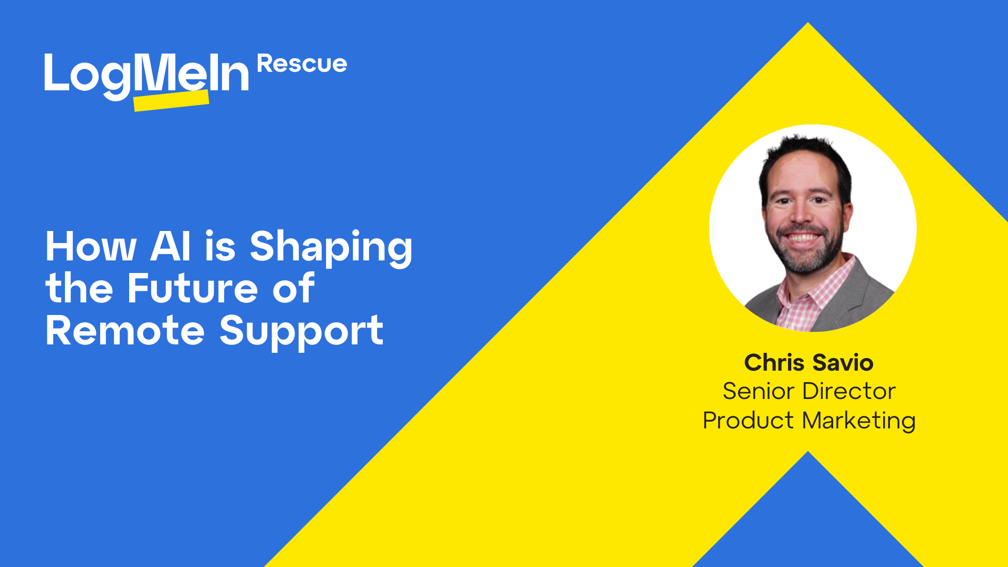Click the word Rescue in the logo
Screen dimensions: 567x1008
click(302, 64)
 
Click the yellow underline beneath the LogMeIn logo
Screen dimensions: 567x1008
click(171, 101)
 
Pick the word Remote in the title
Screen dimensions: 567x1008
click(125, 330)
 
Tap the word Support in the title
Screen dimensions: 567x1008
click(301, 331)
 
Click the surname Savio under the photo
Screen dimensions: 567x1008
click(843, 363)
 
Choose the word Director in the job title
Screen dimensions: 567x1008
click(849, 391)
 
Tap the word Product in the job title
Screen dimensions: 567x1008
click(748, 421)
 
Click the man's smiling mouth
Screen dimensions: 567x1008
click(802, 238)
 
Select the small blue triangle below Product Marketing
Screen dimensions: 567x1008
click(808, 520)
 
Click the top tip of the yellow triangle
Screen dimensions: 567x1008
click(808, 26)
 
